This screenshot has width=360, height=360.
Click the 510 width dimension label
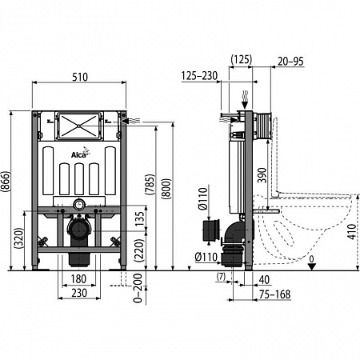click(80, 77)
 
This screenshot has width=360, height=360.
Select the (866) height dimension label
click(6, 182)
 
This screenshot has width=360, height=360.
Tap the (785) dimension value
click(150, 184)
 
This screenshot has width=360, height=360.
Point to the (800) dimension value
click(166, 189)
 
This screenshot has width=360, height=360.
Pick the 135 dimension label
click(140, 219)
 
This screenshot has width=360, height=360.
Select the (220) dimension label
click(140, 250)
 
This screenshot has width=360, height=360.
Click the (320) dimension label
click(18, 238)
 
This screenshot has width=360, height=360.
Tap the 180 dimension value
click(78, 279)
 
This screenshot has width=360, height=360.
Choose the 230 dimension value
click(79, 293)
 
